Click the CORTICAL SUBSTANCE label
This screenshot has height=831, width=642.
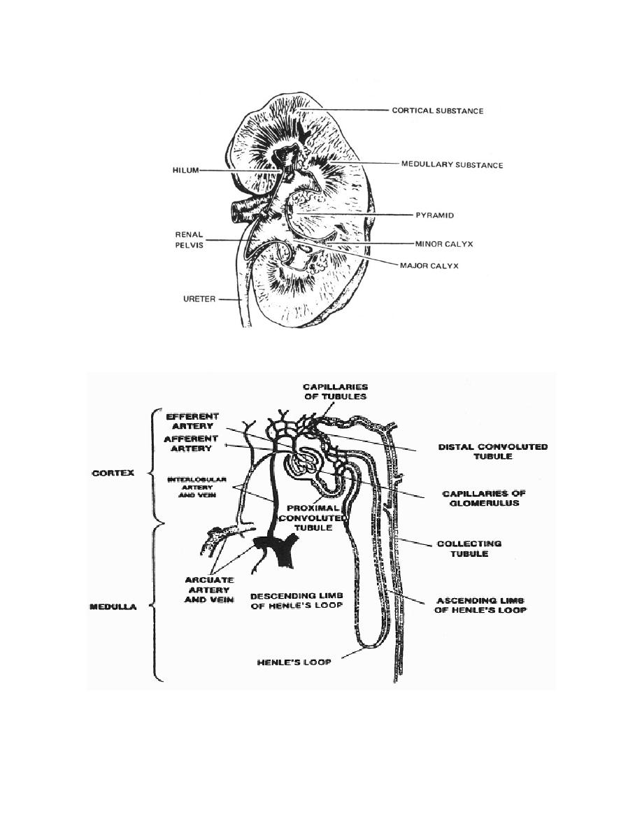click(x=438, y=111)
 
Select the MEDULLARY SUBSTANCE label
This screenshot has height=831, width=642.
click(x=452, y=165)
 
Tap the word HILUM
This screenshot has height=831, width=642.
click(x=185, y=170)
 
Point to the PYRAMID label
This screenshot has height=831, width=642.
click(x=434, y=215)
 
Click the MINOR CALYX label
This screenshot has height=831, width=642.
click(x=443, y=244)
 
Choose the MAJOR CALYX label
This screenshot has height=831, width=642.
click(x=429, y=266)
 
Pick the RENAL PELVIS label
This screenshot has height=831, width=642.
click(x=189, y=240)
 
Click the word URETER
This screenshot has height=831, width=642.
click(x=199, y=299)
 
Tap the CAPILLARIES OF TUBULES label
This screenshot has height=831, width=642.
click(x=335, y=392)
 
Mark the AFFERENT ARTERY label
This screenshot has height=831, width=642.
click(x=191, y=443)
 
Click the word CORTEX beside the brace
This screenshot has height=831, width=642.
click(x=113, y=474)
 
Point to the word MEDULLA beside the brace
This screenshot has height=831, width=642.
click(x=113, y=607)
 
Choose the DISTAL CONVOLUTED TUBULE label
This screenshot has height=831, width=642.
click(x=492, y=452)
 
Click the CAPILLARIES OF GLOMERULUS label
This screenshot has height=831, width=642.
click(x=484, y=498)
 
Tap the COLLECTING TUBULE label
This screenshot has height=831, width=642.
click(x=469, y=548)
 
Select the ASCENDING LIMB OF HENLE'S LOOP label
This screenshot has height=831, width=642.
click(x=480, y=605)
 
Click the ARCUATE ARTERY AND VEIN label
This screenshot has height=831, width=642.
click(x=208, y=590)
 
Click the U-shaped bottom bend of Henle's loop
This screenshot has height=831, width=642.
click(x=368, y=646)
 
